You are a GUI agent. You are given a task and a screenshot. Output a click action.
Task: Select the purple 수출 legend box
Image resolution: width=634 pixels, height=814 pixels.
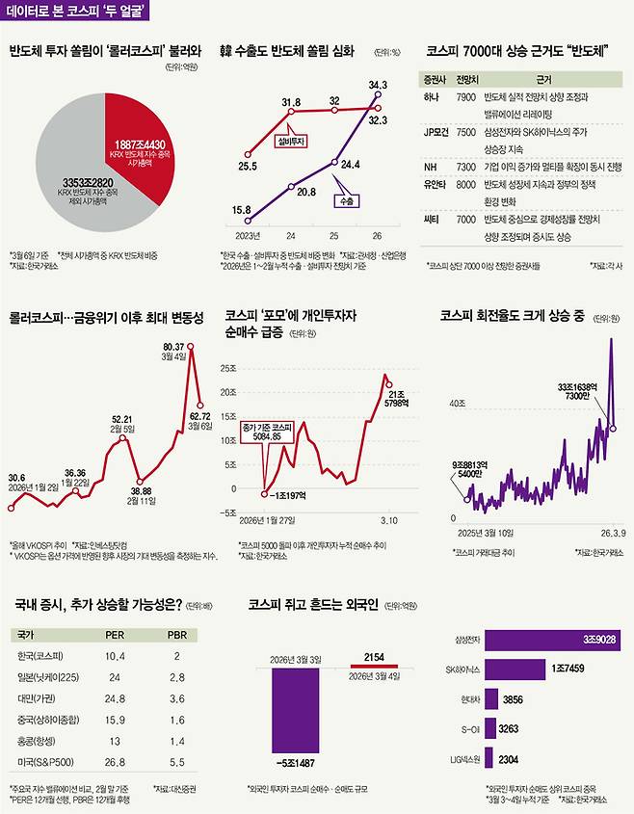(x=345, y=201)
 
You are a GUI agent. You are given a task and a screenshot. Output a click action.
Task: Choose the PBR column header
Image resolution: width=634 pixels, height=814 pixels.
(x=176, y=635)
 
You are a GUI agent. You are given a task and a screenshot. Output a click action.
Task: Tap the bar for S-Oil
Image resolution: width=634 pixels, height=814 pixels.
(x=491, y=728)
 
